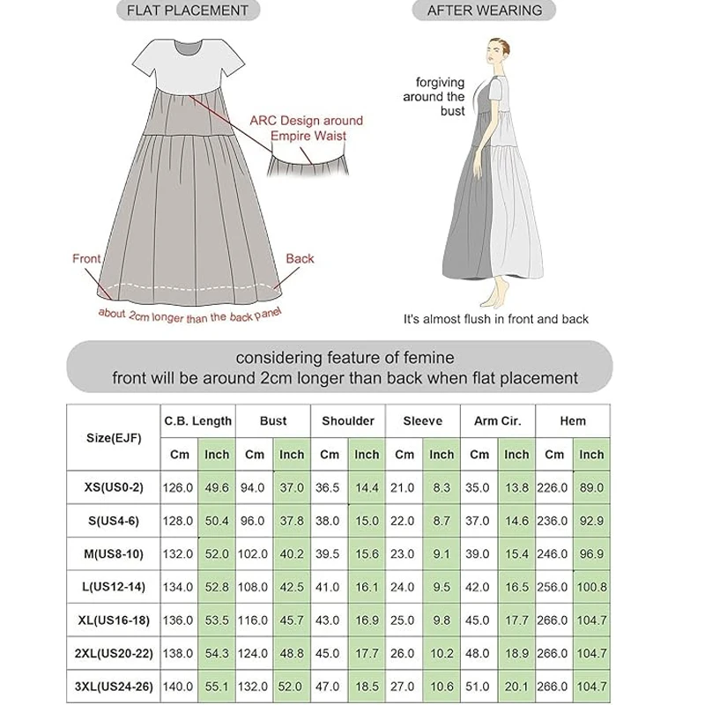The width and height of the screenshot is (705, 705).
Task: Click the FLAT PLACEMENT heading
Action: click(188, 11)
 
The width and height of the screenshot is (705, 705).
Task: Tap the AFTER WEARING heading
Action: click(484, 11)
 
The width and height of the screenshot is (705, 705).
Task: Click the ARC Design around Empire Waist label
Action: click(307, 128)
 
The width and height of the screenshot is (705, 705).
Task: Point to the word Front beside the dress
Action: click(86, 258)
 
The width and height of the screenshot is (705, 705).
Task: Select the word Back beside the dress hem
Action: click(300, 258)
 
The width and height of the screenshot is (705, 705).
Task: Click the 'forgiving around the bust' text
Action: click(441, 97)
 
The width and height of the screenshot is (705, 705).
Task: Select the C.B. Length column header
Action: click(198, 421)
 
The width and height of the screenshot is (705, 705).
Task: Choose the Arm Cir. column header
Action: click(498, 421)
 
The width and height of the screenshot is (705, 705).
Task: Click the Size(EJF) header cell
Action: click(114, 438)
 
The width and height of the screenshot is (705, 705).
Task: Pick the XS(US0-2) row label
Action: click(114, 487)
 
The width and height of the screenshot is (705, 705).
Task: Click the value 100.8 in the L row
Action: click(591, 587)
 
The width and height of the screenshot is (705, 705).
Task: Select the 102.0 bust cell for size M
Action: click(255, 553)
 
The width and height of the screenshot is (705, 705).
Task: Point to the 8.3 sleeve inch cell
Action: click(442, 487)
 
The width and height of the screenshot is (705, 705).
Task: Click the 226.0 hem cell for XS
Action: click(554, 487)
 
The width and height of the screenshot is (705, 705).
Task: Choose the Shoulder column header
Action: click(348, 421)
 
